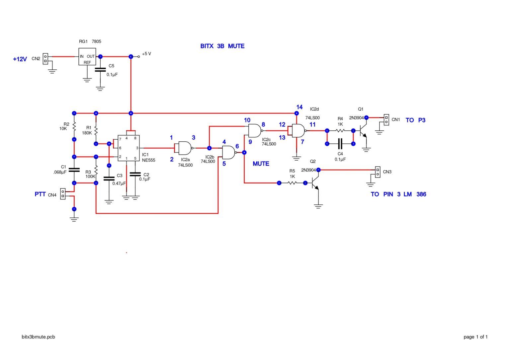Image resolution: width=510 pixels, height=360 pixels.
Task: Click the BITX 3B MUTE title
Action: point(222,46)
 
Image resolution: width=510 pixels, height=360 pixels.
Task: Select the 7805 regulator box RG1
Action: point(87,57)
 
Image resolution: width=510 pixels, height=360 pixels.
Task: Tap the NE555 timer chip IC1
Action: point(128,148)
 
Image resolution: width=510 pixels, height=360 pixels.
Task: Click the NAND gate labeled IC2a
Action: point(185,148)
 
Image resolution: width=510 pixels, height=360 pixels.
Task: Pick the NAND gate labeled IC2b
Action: point(229,153)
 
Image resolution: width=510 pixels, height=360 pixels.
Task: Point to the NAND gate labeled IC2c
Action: point(255,131)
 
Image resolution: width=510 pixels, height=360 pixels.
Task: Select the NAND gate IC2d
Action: point(298,131)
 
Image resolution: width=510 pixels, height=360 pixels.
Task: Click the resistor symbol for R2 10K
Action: point(74,126)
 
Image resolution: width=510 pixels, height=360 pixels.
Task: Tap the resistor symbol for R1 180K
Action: point(96,130)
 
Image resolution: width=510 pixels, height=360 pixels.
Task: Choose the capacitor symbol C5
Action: point(100,70)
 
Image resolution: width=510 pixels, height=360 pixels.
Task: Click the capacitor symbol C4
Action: point(340,144)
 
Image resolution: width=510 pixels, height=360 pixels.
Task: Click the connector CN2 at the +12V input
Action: point(45,59)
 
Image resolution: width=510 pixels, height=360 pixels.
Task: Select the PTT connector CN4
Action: point(63,194)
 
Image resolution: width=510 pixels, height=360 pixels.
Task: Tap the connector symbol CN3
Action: point(378,172)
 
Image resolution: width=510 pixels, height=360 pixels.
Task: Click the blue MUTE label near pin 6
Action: point(261,164)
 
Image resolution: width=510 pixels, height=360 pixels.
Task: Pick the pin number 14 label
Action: point(299,107)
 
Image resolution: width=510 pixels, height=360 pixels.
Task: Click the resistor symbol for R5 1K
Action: point(292,183)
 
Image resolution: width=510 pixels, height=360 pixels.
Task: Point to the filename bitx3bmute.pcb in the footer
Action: point(38,337)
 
